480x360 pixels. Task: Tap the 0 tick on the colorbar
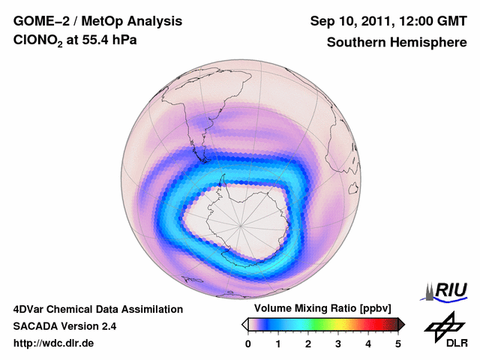(x=248, y=343)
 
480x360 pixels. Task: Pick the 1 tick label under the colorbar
(x=278, y=343)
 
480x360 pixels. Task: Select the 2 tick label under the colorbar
(x=308, y=343)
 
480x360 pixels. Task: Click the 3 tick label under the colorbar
(x=338, y=343)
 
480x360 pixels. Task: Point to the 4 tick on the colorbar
(x=368, y=343)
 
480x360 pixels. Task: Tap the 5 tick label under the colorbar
(x=398, y=343)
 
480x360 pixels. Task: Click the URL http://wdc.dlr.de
(x=54, y=343)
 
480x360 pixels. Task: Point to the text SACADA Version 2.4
(x=64, y=326)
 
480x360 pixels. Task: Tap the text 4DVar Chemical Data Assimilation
(x=97, y=309)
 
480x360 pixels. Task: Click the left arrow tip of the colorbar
(x=244, y=324)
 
